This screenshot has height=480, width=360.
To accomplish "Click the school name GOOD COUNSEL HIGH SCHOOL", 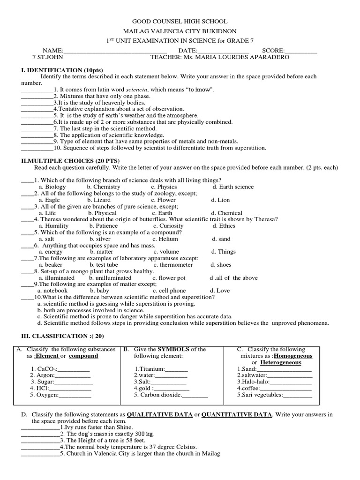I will point(180,22).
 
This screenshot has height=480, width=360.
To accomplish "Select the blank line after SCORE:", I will point(301,51).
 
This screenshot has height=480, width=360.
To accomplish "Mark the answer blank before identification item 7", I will point(37,128).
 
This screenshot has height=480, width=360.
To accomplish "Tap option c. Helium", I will point(165,239).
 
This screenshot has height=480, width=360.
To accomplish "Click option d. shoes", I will point(220,265).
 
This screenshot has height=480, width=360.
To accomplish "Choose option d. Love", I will point(220,291).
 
